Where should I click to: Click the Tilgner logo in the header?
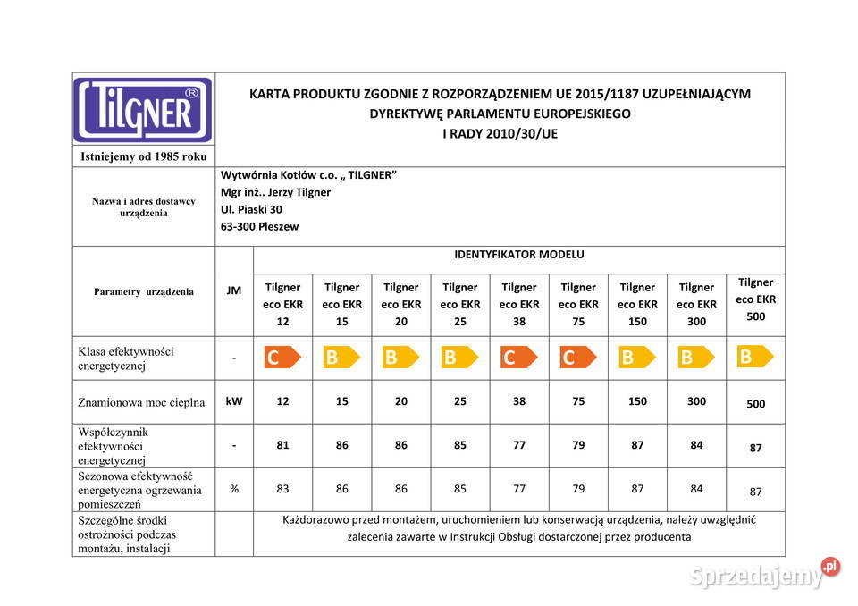143,110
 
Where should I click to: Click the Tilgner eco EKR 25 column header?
459,304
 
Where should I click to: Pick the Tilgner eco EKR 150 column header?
637,304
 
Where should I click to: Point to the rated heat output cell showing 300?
696,401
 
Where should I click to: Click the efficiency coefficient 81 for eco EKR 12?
282,444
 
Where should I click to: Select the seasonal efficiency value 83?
282,489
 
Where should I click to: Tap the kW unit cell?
234,401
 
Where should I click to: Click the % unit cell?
234,489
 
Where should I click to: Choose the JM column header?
234,290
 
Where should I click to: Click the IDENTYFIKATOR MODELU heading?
519,255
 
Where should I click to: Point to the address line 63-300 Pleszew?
259,227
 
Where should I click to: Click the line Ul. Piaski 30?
251,209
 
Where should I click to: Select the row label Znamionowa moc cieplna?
141,402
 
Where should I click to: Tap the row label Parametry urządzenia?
143,291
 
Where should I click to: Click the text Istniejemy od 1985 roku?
143,156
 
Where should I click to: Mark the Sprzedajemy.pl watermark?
764,574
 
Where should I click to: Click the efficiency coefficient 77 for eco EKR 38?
519,444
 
